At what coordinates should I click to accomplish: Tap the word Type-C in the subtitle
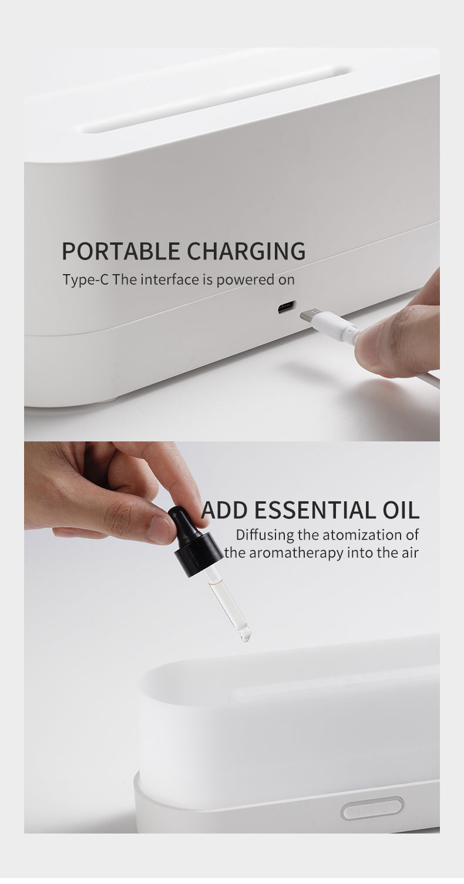coord(86,279)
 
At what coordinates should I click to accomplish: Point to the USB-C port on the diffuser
coord(287,307)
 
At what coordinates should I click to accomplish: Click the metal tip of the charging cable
coord(310,315)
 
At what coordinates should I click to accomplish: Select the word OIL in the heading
coord(398,510)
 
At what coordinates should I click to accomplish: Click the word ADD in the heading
coord(224,510)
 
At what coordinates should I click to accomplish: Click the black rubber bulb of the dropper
coord(183,521)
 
